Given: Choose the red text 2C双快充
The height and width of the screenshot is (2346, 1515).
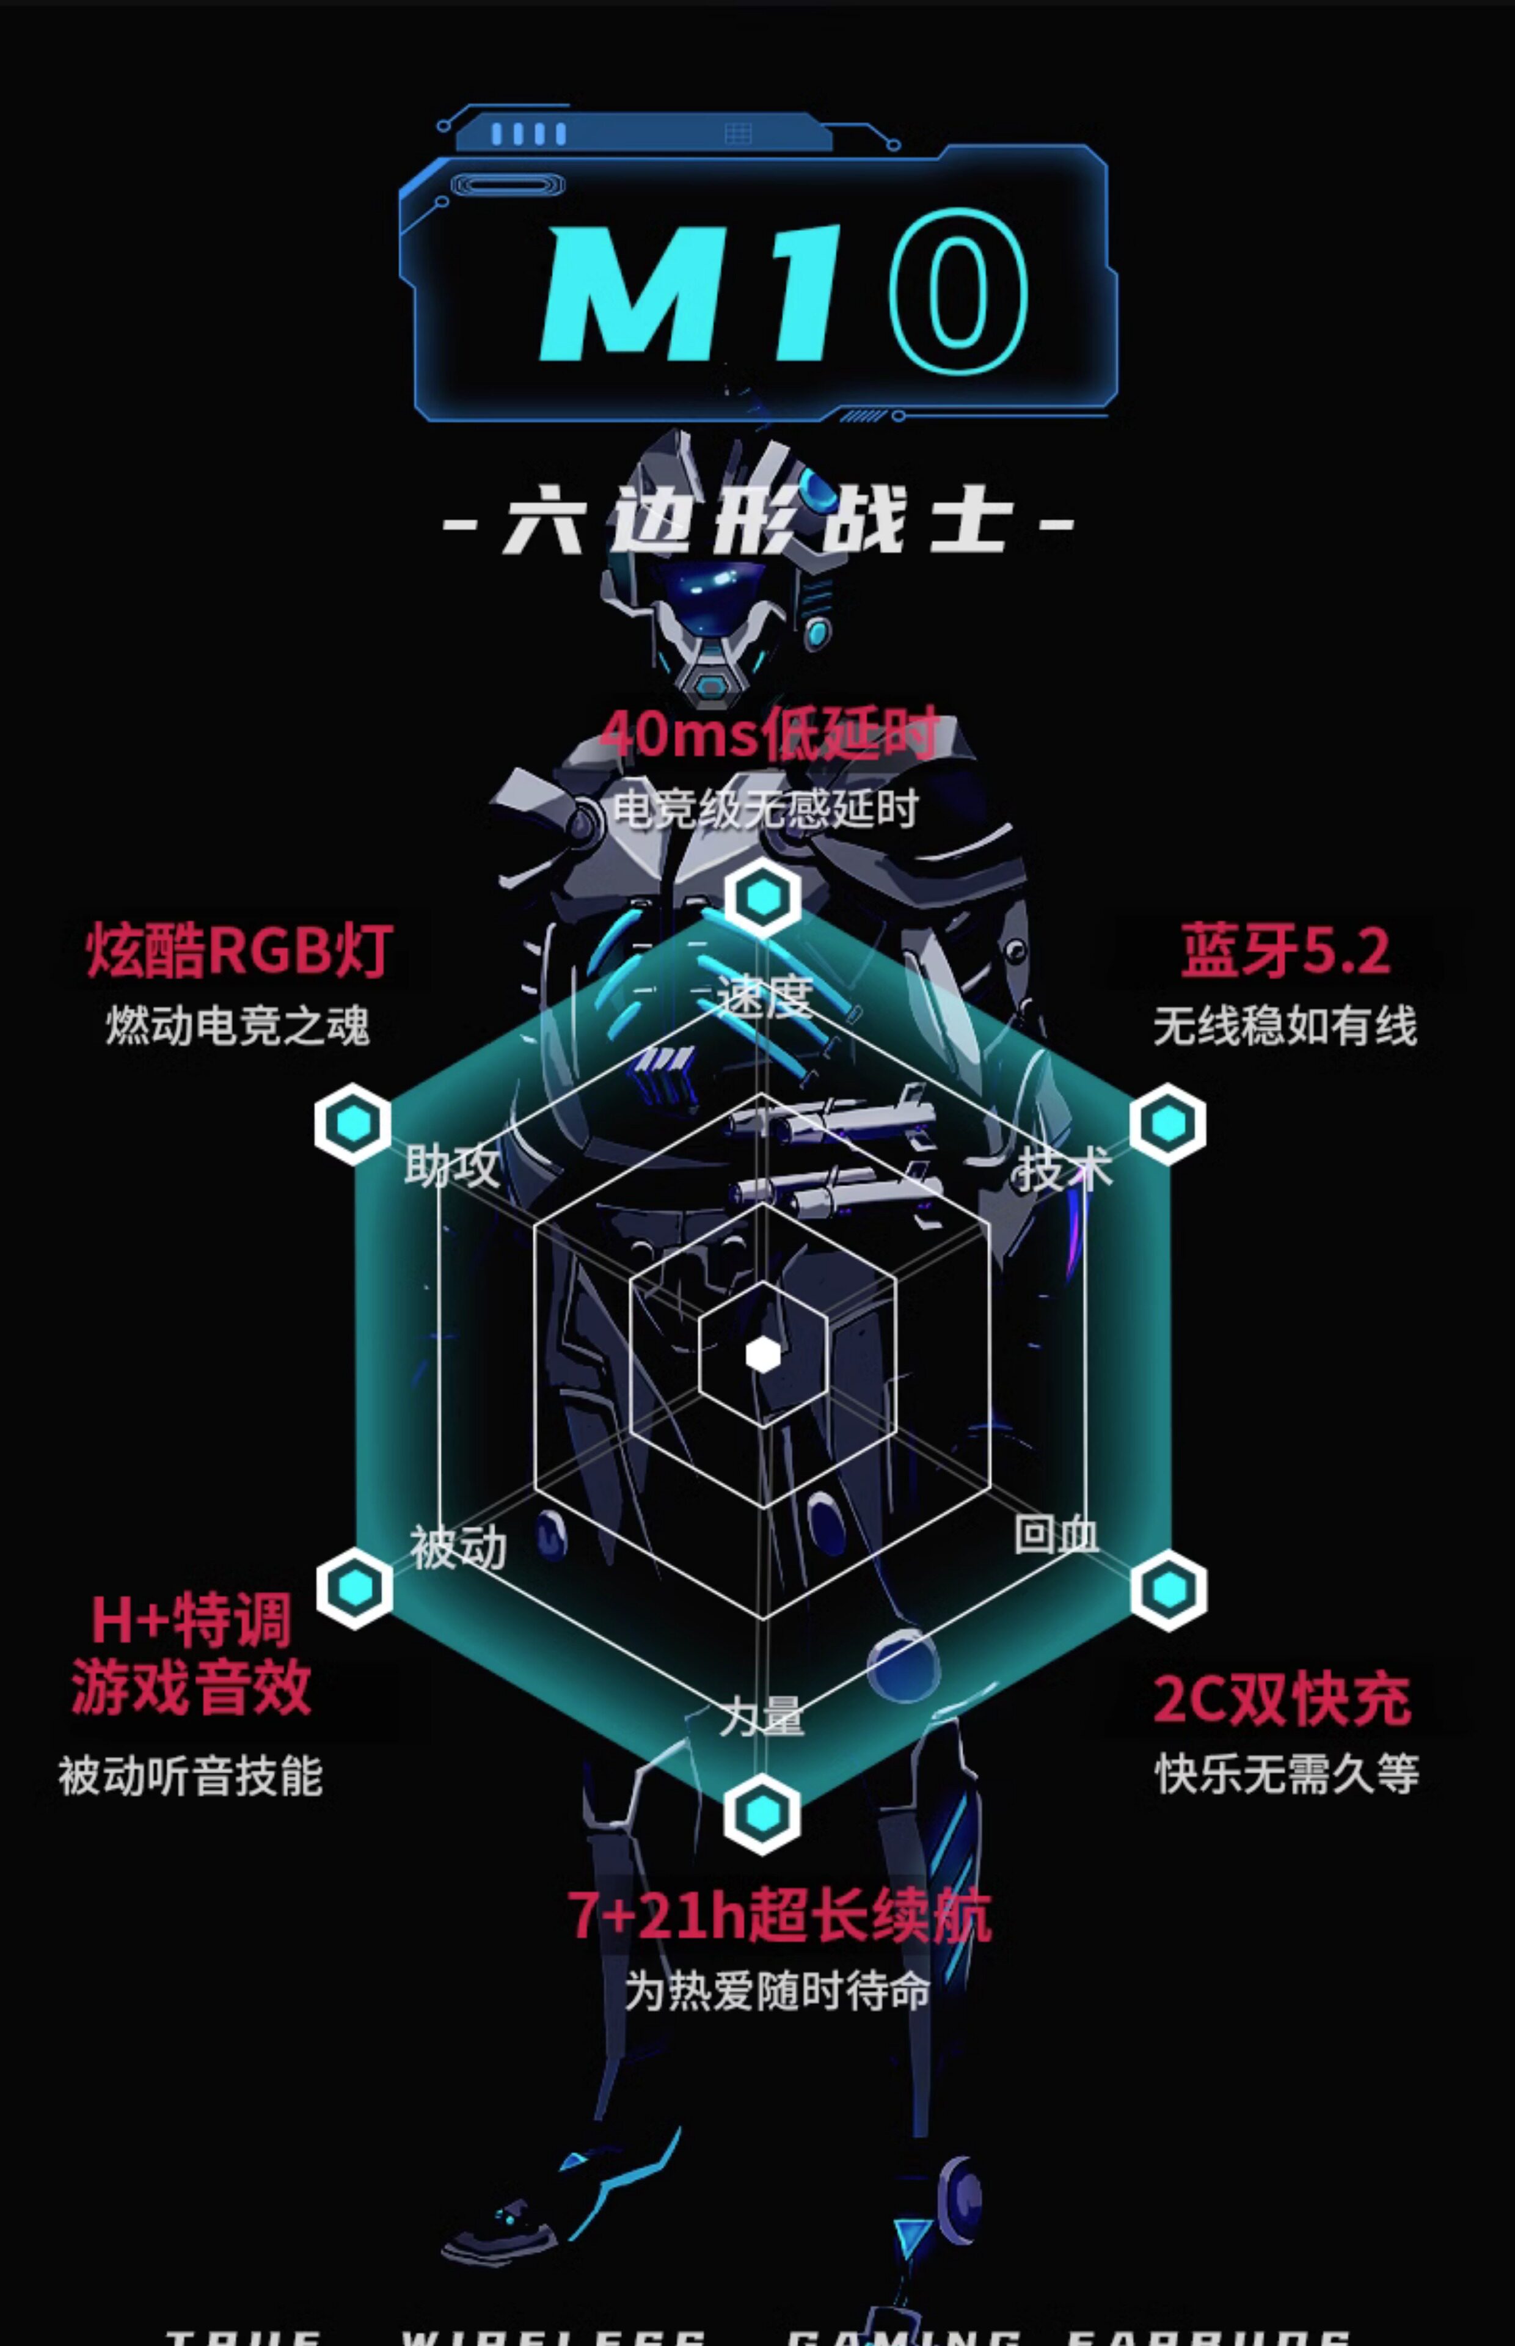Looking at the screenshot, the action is coord(1282,1699).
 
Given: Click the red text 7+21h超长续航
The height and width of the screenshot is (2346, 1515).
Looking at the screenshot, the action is coord(779,1916).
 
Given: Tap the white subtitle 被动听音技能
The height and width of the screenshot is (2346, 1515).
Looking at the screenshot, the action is coord(190,1775).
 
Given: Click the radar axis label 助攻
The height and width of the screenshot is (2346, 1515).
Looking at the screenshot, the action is coord(451,1167).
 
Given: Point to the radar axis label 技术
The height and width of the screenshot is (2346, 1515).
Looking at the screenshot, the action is coord(1064,1169).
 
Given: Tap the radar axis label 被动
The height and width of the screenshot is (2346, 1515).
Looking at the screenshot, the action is coord(458,1548).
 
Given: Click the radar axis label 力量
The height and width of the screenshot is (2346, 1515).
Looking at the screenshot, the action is coord(761,1717).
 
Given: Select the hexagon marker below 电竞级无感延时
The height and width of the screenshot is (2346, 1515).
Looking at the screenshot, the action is coord(762,897).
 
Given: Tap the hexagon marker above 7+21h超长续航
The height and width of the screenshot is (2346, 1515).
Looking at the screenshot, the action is coord(761,1813).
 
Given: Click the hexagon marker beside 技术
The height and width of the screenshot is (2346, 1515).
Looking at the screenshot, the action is coord(1169,1124).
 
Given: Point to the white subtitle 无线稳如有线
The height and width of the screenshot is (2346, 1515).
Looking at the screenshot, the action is coord(1285,1026).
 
